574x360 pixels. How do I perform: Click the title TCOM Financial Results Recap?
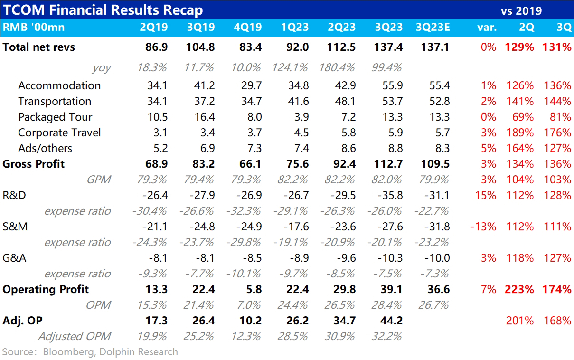[x=103, y=10]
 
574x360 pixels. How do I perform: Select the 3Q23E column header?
[x=433, y=27]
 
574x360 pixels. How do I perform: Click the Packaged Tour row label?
[x=55, y=117]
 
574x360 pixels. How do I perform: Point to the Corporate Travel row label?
[x=59, y=133]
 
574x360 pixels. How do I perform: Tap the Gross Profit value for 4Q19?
[x=250, y=164]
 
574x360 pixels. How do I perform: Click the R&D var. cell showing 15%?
[x=485, y=195]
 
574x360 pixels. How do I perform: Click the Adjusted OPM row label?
[x=74, y=336]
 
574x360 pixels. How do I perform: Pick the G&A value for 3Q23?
[x=390, y=258]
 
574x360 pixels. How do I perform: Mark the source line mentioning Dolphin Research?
[x=90, y=352]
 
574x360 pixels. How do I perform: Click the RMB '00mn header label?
[x=34, y=27]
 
